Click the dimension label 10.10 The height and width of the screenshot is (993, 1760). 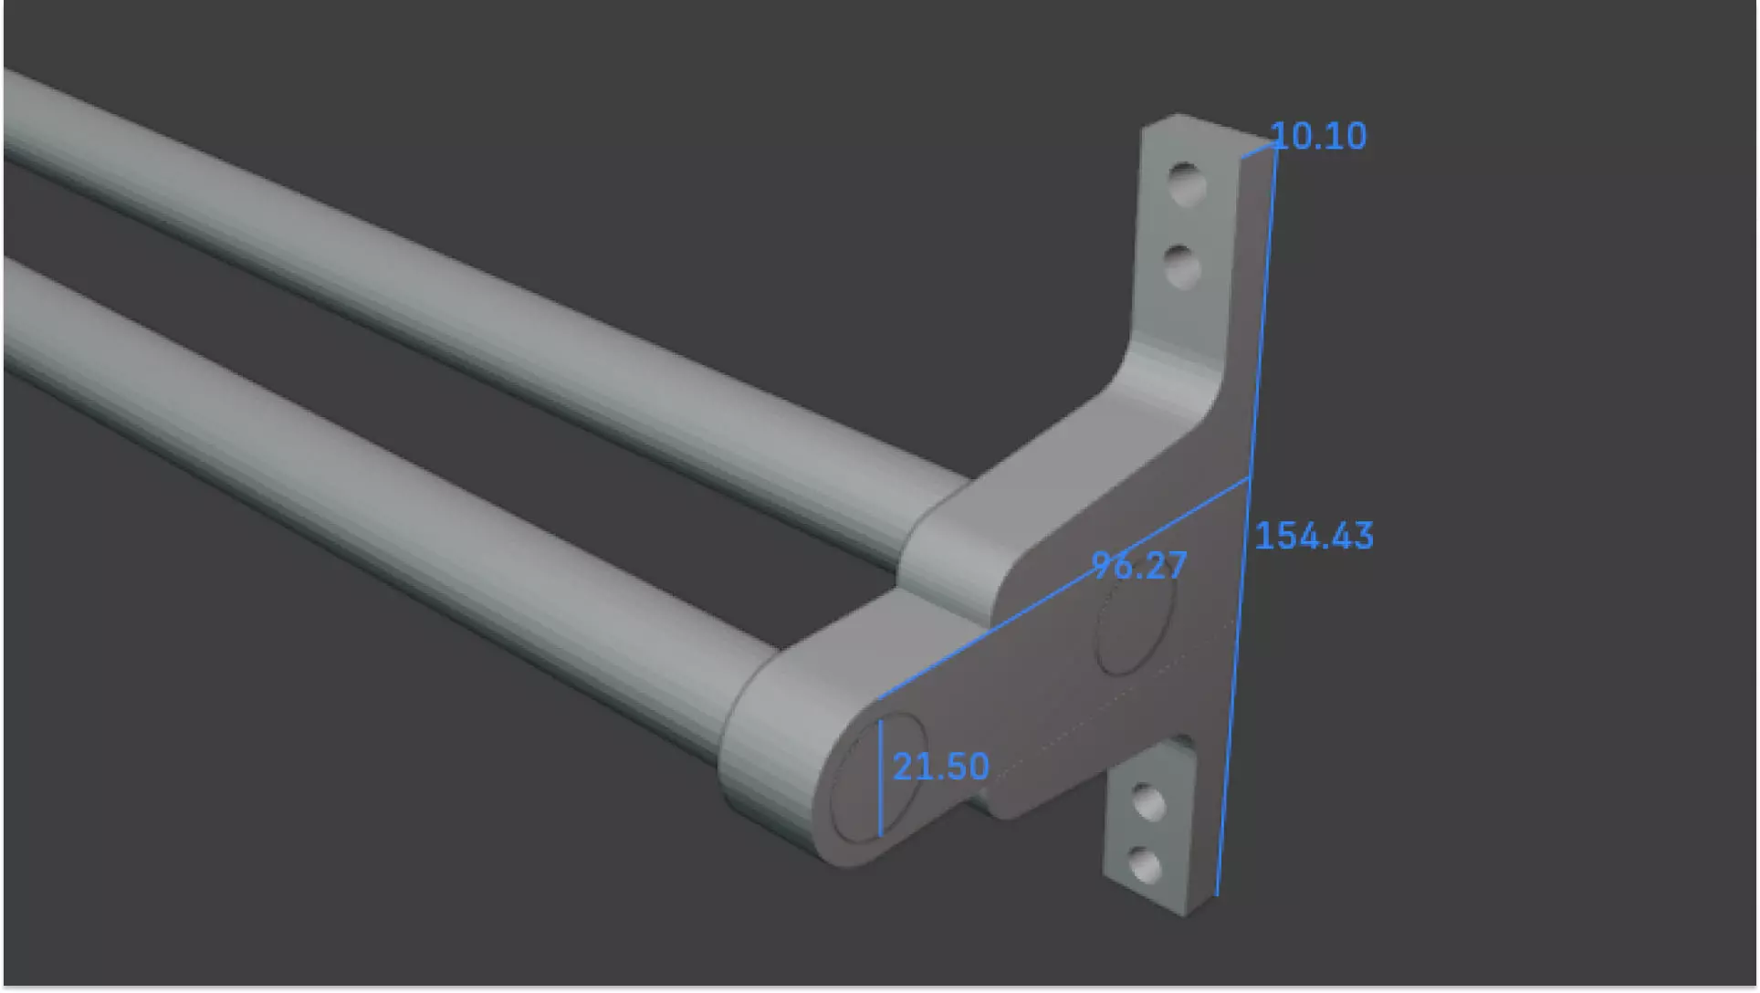[x=1318, y=137]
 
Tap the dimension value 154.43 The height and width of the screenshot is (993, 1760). [x=1314, y=536]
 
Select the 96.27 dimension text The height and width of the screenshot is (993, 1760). [x=1139, y=566]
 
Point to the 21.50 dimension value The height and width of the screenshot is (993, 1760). [x=940, y=767]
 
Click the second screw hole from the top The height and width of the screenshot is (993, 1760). [x=1183, y=267]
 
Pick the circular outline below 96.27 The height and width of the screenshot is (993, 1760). [x=1135, y=630]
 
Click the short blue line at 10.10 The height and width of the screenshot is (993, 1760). [x=1258, y=151]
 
